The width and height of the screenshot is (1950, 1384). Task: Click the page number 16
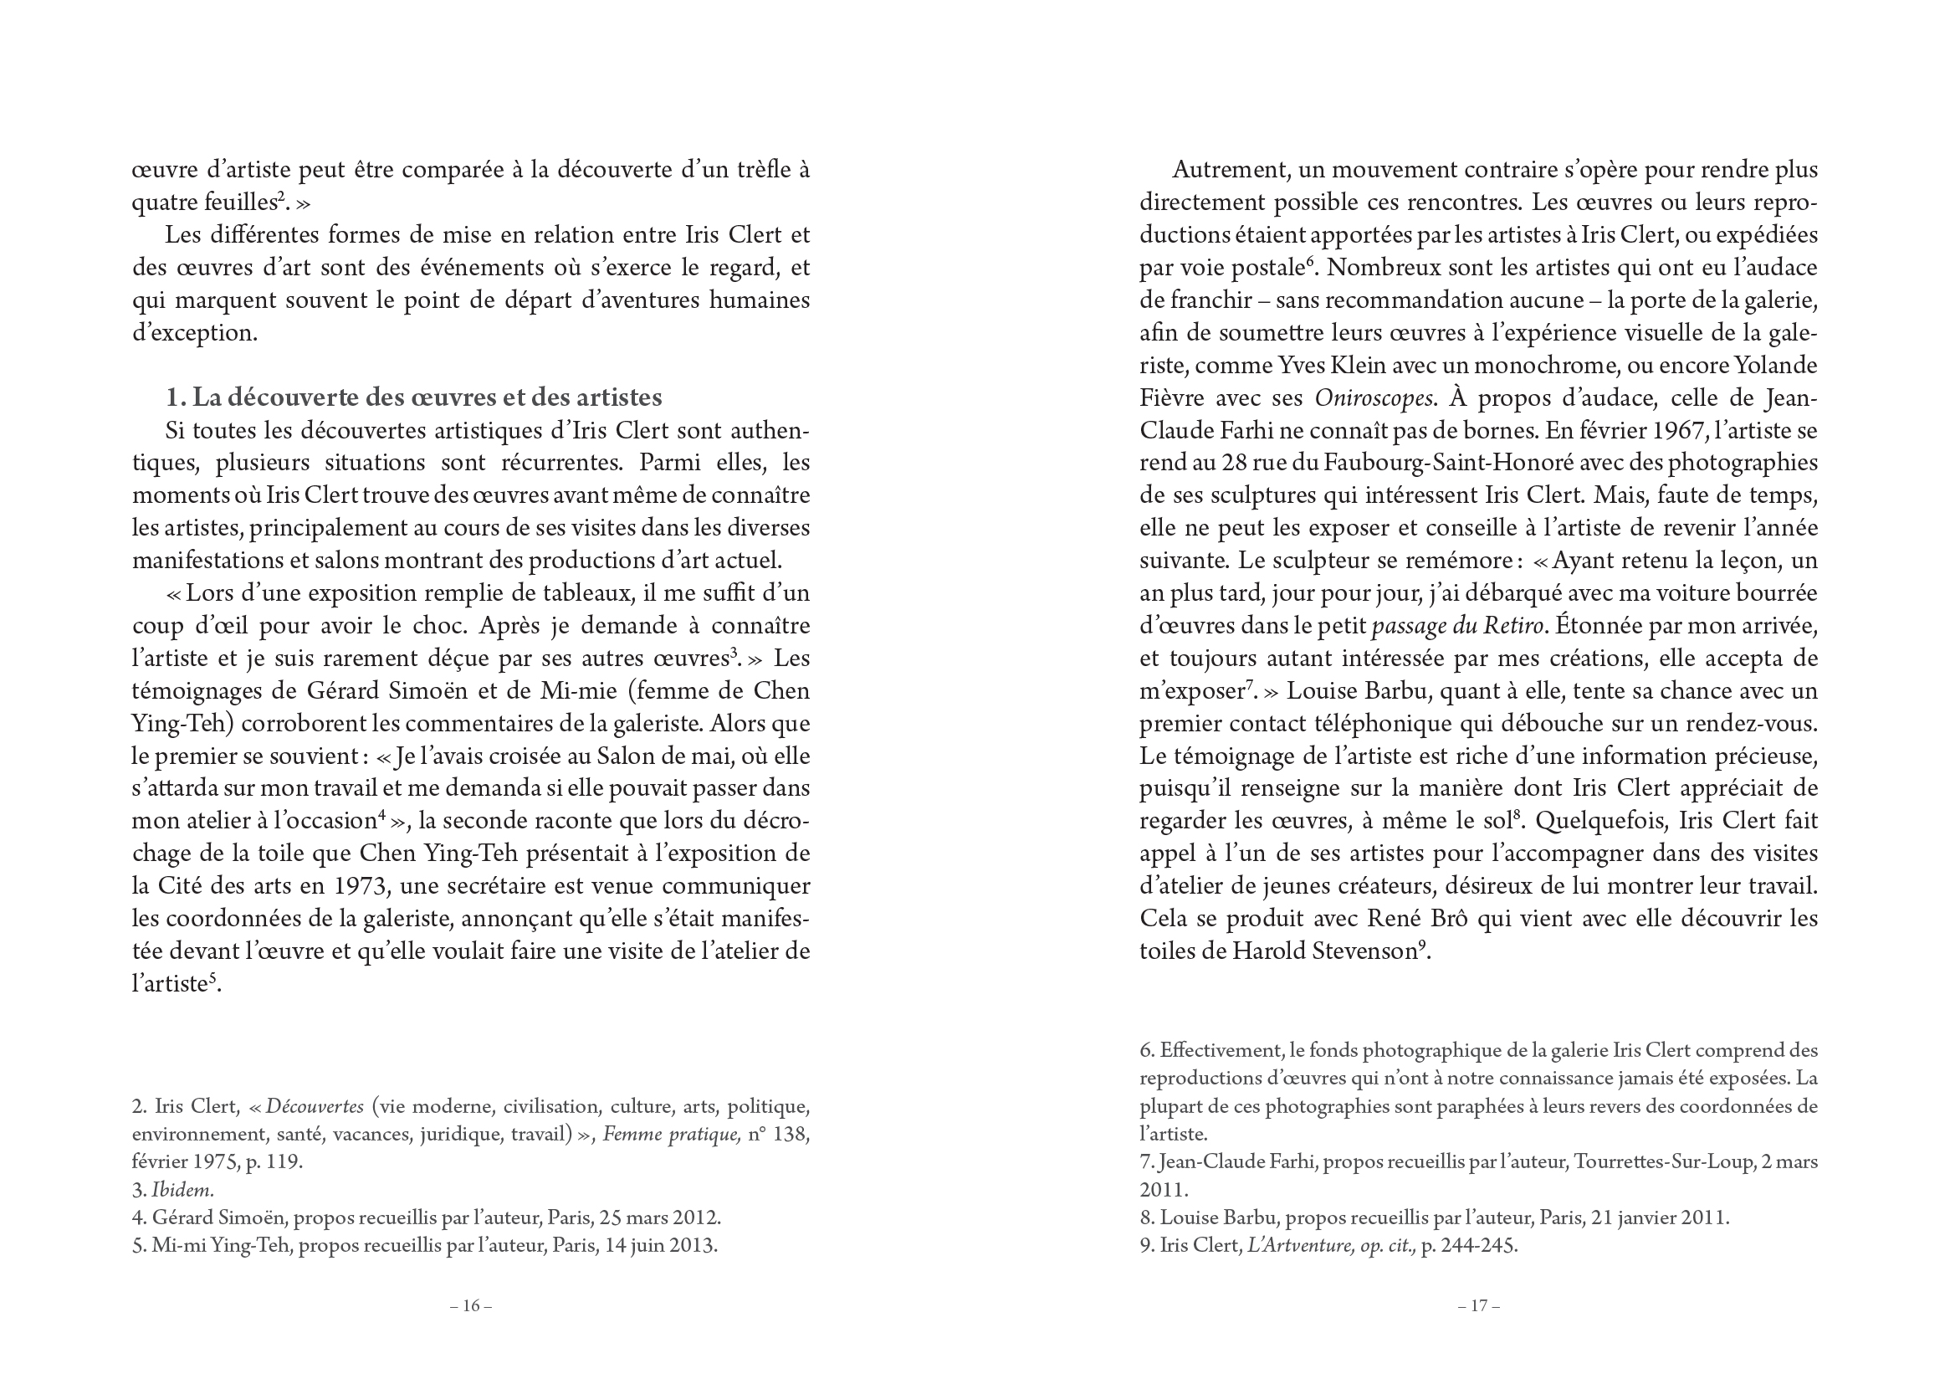(471, 1305)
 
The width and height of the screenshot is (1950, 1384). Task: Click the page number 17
(1478, 1305)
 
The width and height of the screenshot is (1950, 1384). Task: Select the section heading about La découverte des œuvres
(414, 397)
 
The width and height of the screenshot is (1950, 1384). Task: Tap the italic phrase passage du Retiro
(1457, 626)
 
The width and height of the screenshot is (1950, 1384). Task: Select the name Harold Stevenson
(1324, 951)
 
